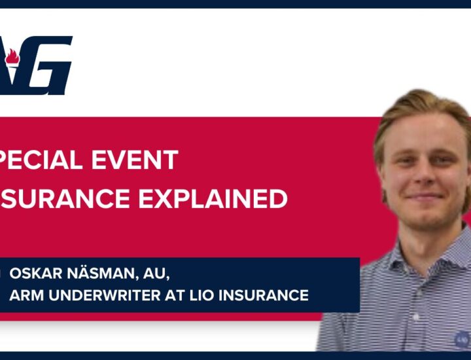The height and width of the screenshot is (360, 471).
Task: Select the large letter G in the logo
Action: coord(46,65)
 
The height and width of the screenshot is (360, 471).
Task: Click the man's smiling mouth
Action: coord(425,196)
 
